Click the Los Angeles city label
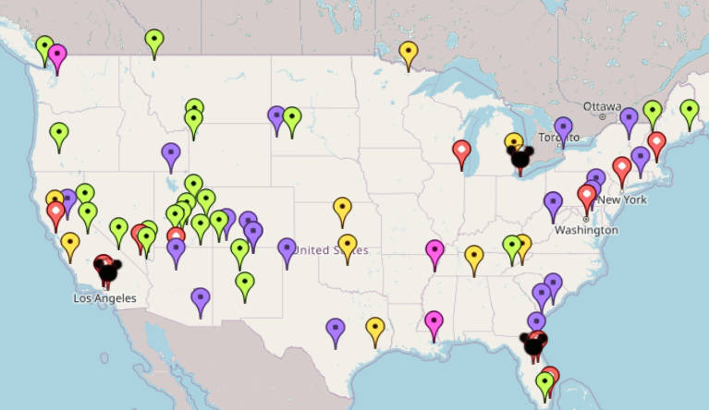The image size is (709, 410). tap(104, 298)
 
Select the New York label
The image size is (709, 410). tap(621, 199)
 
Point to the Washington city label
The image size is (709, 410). tap(585, 229)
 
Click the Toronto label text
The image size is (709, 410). tap(558, 138)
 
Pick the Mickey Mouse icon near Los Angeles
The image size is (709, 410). tap(108, 271)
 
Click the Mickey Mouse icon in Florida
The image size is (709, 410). tap(533, 344)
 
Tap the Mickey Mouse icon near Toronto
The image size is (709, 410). tap(522, 155)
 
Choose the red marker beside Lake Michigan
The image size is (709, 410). tap(462, 152)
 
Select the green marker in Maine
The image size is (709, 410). tap(689, 113)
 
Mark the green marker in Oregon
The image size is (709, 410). tap(59, 135)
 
